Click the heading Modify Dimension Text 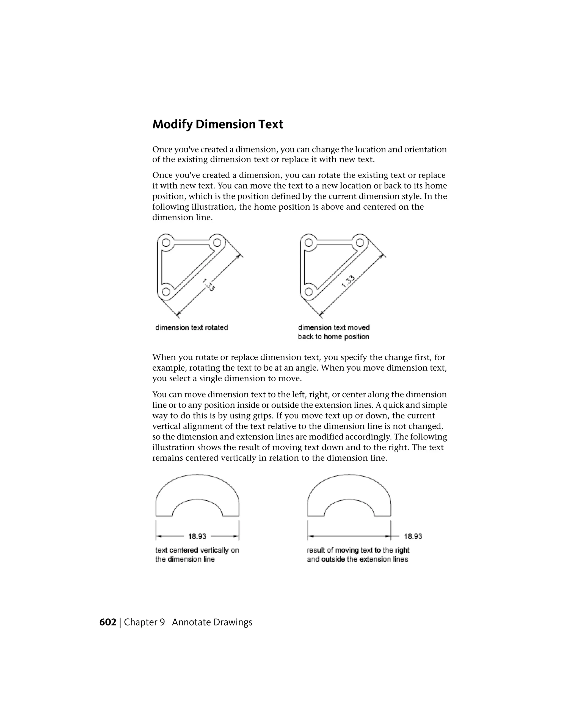point(217,124)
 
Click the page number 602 point(107,622)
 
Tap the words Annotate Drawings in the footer point(212,622)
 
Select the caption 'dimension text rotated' point(191,328)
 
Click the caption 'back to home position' point(333,337)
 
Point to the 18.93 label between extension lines point(197,536)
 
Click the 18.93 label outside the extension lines point(413,536)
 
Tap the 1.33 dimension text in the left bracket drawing point(208,285)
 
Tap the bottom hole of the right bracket point(308,292)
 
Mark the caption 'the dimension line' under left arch point(185,559)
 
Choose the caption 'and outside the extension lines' point(357,559)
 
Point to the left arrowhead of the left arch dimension point(159,536)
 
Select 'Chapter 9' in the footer point(144,622)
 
